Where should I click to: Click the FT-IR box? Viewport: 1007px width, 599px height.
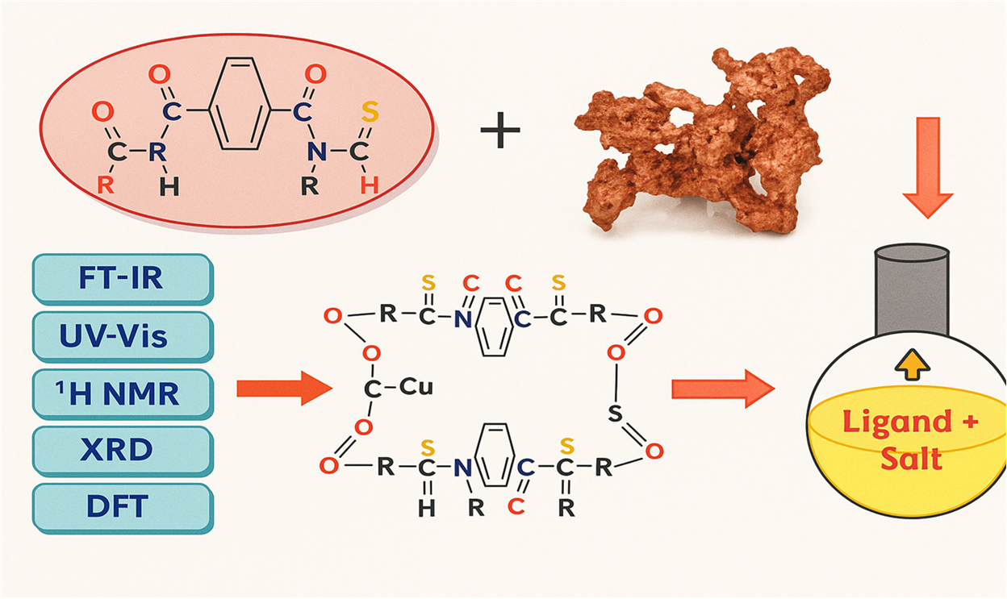pyautogui.click(x=122, y=279)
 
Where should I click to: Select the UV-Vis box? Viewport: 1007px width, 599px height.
pyautogui.click(x=122, y=335)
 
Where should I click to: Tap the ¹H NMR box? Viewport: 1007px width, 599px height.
pyautogui.click(x=122, y=393)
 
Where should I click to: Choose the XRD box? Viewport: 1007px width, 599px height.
pyautogui.click(x=122, y=450)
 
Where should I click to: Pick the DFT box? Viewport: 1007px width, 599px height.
pyautogui.click(x=122, y=506)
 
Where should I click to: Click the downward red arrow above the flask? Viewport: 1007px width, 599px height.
pyautogui.click(x=927, y=165)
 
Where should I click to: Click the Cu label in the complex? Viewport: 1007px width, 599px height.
pyautogui.click(x=416, y=387)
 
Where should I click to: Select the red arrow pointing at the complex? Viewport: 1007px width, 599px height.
pyautogui.click(x=283, y=389)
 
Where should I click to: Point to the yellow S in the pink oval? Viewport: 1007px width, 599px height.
pyautogui.click(x=369, y=113)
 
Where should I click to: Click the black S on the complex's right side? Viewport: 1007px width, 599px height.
pyautogui.click(x=615, y=414)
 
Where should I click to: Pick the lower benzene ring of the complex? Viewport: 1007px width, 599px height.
pyautogui.click(x=492, y=455)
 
